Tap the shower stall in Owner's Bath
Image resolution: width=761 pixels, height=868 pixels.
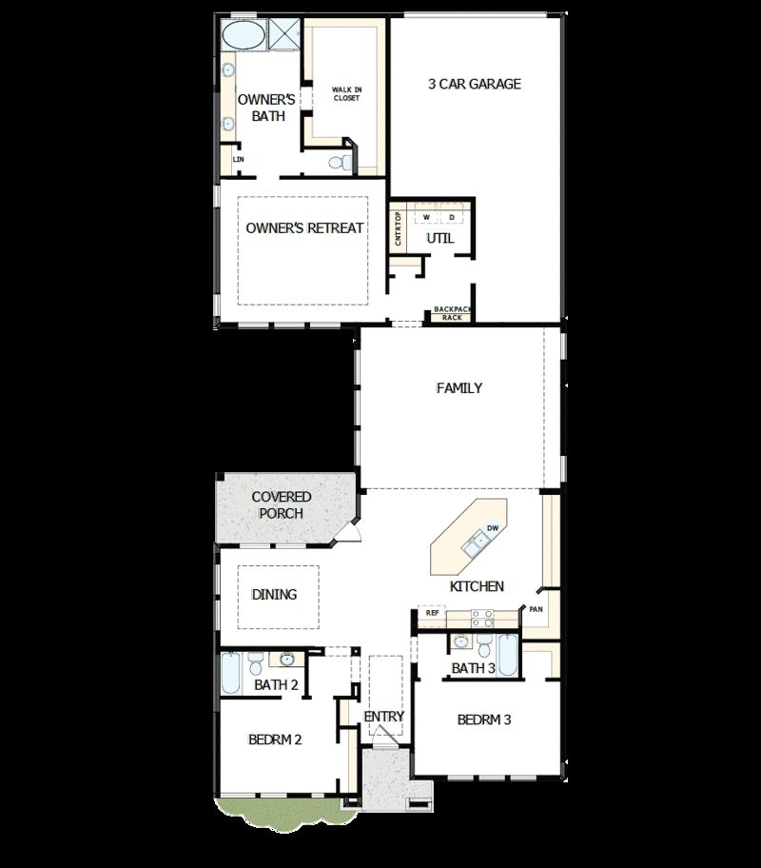[x=284, y=34]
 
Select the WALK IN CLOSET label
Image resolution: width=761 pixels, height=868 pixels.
[x=346, y=93]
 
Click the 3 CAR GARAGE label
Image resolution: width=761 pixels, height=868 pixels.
[x=474, y=84]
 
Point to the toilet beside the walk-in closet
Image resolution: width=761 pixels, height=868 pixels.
[x=338, y=163]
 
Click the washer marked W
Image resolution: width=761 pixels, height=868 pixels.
[x=426, y=217]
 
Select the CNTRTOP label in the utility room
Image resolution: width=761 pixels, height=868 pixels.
[x=399, y=228]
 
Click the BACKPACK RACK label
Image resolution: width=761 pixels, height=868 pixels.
[x=452, y=313]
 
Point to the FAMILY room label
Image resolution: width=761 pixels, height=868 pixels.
[x=459, y=387]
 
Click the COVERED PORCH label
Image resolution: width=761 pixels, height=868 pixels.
[x=282, y=504]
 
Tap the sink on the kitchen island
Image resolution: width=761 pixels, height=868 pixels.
[x=473, y=543]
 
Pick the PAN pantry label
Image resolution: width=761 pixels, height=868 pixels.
[x=536, y=608]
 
